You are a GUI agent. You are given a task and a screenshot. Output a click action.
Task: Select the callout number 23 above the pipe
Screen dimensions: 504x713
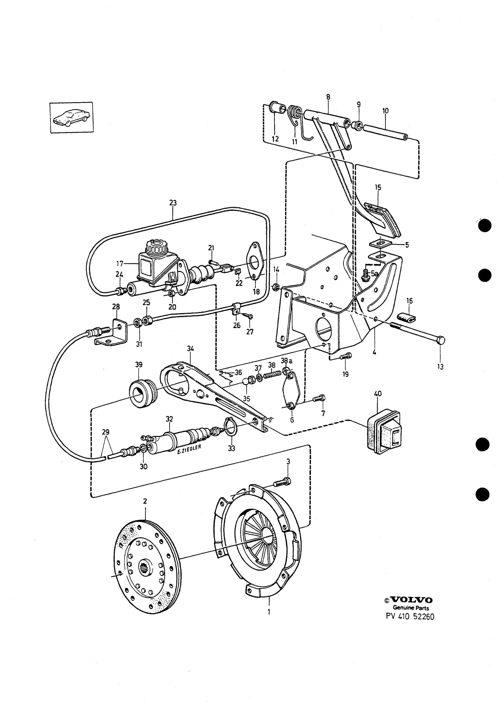tap(173, 203)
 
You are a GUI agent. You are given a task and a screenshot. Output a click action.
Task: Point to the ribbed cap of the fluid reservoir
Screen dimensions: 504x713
tap(156, 246)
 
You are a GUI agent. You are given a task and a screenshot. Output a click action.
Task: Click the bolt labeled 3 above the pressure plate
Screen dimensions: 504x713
tap(282, 481)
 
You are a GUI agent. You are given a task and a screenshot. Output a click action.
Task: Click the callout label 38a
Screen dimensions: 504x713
tap(287, 360)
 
